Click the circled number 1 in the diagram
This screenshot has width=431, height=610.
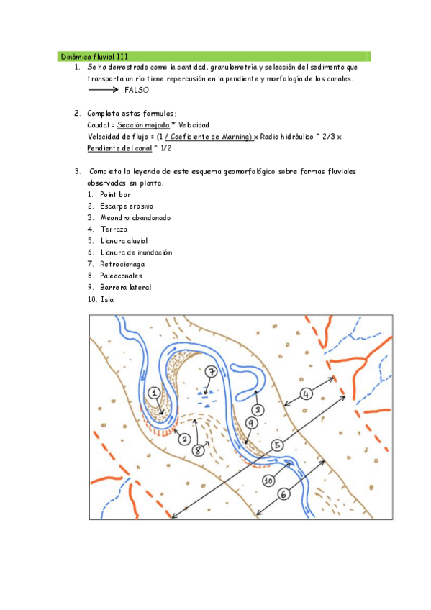tap(154, 392)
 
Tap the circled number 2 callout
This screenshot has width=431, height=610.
tap(184, 439)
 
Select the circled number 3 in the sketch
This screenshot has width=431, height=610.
tap(258, 409)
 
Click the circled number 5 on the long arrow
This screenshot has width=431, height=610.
tap(275, 446)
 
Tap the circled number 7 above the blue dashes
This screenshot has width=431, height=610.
tap(211, 372)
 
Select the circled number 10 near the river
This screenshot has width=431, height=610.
tap(268, 481)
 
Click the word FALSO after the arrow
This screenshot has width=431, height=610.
tap(136, 91)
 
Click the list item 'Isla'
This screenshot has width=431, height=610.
tap(107, 299)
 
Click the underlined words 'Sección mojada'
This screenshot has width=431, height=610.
tap(143, 125)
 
